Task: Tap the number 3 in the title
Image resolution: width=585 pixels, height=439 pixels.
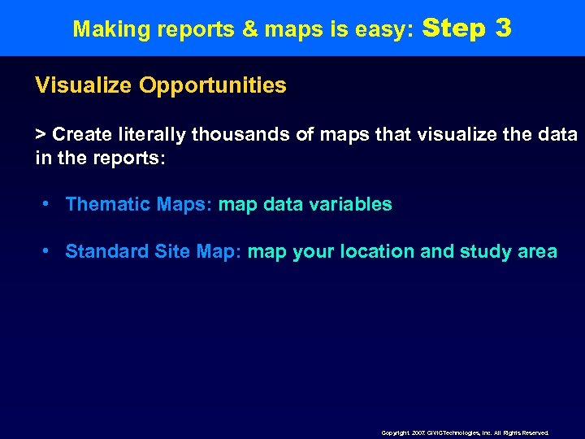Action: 503,28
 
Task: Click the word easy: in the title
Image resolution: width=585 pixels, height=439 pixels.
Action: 388,30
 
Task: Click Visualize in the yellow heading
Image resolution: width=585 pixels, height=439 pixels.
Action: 84,85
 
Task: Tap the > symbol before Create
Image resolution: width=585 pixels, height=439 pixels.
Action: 41,134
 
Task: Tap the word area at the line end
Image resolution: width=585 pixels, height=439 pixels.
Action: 537,251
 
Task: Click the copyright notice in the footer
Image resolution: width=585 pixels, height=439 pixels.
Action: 465,433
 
